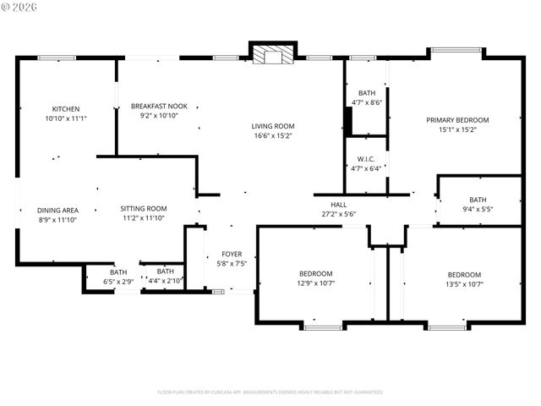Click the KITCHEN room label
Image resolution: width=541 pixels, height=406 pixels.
[x=66, y=108]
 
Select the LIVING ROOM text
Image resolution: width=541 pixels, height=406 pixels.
[x=273, y=126]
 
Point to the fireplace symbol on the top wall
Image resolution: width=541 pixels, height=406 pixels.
[x=273, y=54]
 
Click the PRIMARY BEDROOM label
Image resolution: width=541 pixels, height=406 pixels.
[x=457, y=120]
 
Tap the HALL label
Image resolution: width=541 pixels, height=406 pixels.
[x=338, y=204]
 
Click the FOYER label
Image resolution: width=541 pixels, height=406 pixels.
[x=232, y=254]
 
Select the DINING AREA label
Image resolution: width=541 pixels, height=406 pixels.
[x=57, y=209]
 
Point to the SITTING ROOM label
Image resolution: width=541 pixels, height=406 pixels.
[x=143, y=208]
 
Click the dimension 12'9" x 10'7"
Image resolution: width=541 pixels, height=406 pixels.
[x=315, y=283]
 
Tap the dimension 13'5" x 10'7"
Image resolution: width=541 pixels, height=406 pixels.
[x=464, y=284]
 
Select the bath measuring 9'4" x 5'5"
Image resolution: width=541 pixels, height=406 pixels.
[x=478, y=209]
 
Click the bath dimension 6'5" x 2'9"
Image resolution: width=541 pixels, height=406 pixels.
[x=118, y=281]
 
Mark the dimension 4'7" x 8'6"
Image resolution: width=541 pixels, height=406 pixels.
[x=367, y=102]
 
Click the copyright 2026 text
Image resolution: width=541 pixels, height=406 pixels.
[x=20, y=8]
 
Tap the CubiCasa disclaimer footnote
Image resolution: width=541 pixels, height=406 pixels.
[x=270, y=392]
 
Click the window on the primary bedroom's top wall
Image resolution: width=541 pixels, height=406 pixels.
[x=456, y=52]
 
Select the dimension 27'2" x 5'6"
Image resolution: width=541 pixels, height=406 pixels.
[x=338, y=214]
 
